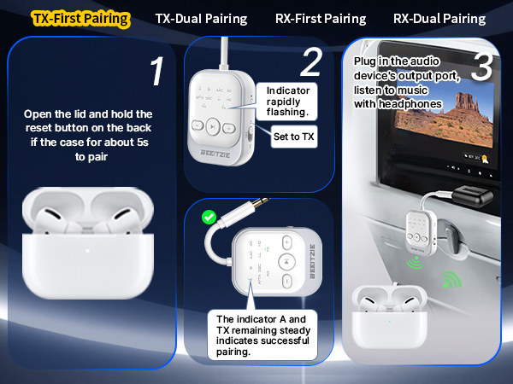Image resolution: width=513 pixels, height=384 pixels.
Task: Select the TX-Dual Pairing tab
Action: (x=201, y=18)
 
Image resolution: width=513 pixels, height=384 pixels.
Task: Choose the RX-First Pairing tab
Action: (x=321, y=18)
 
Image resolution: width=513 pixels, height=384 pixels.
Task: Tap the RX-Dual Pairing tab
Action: (x=439, y=18)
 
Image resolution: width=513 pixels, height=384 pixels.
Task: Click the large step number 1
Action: (x=155, y=73)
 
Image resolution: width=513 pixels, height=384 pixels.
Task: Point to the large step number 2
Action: (x=311, y=61)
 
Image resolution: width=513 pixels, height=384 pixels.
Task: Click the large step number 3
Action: (x=481, y=68)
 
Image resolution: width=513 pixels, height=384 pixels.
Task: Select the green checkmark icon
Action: (x=207, y=218)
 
